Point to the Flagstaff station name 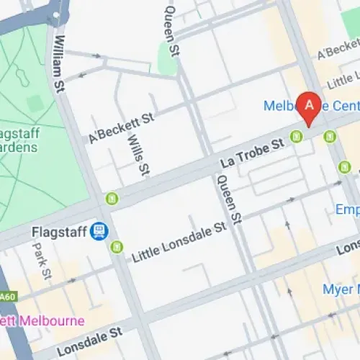(x=59, y=232)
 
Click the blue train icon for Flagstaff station (x=99, y=231)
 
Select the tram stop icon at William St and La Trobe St (x=112, y=198)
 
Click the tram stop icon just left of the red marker (x=296, y=136)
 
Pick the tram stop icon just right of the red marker (x=330, y=135)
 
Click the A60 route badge (x=7, y=297)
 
